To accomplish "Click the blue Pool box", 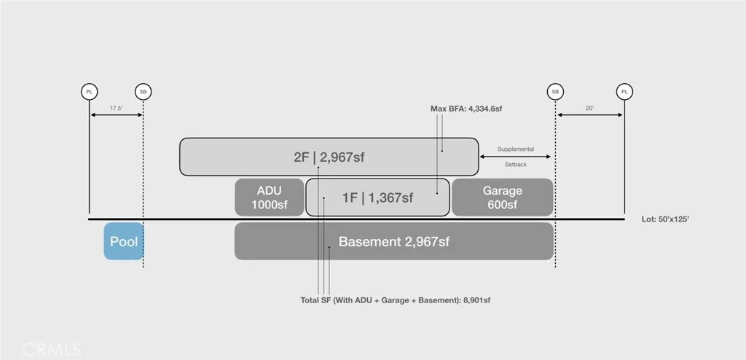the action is click(124, 241).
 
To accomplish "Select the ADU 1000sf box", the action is click(270, 197).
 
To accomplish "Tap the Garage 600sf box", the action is click(503, 197).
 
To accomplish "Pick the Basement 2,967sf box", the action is click(394, 241).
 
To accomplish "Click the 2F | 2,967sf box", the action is click(329, 157).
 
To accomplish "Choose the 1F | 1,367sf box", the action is click(377, 197).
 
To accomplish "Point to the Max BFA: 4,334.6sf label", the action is click(466, 109).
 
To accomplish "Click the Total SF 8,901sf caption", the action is click(396, 300).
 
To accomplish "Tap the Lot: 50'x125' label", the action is click(665, 219).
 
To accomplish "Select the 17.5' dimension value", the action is click(116, 108).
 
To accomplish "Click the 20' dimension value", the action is click(590, 108).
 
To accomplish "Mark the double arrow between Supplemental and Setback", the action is click(515, 157).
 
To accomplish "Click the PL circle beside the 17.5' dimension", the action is click(90, 91).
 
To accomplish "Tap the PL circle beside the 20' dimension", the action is click(624, 91).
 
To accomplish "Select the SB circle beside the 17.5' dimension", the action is click(144, 91).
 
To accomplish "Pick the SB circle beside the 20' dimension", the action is click(555, 91).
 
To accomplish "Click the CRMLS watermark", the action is click(52, 350).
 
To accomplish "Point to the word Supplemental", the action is click(516, 149).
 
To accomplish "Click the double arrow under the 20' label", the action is click(590, 114).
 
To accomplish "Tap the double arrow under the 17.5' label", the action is click(116, 114).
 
